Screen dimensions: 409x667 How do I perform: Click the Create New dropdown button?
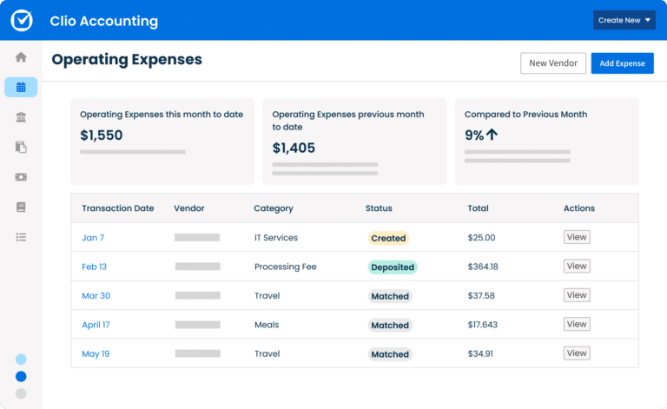pyautogui.click(x=624, y=20)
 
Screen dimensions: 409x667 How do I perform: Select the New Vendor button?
pyautogui.click(x=553, y=63)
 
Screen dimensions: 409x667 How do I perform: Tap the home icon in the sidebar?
pyautogui.click(x=21, y=57)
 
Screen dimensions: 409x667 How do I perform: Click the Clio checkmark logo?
pyautogui.click(x=22, y=20)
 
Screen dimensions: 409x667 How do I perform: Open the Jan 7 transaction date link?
pyautogui.click(x=93, y=238)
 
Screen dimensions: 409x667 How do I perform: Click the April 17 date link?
pyautogui.click(x=96, y=325)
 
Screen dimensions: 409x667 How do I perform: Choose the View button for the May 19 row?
pyautogui.click(x=577, y=353)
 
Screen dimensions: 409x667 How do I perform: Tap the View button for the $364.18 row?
pyautogui.click(x=577, y=267)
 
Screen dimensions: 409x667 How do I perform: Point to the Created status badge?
pyautogui.click(x=388, y=238)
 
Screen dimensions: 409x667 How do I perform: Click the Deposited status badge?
pyautogui.click(x=393, y=267)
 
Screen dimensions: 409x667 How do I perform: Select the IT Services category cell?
pyautogui.click(x=276, y=238)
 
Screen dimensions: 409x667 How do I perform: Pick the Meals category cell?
pyautogui.click(x=267, y=325)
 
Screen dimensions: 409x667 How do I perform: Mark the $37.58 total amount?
pyautogui.click(x=481, y=296)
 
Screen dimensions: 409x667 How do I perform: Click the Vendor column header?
pyautogui.click(x=189, y=208)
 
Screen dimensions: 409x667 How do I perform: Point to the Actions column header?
pyautogui.click(x=579, y=208)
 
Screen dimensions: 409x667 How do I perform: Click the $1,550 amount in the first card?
pyautogui.click(x=102, y=135)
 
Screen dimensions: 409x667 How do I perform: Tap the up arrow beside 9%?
pyautogui.click(x=492, y=135)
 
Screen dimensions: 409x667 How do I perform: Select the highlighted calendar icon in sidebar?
pyautogui.click(x=21, y=87)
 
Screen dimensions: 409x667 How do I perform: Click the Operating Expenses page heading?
pyautogui.click(x=127, y=60)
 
